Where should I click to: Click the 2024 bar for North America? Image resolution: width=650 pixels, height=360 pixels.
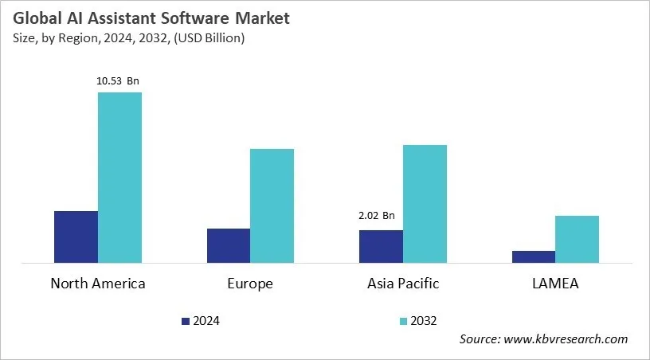click(76, 237)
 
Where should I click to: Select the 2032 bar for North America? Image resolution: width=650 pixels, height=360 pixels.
click(119, 177)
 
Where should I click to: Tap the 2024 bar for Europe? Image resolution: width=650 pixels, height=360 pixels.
click(228, 245)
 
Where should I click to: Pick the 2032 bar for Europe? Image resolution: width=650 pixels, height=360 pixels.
click(272, 205)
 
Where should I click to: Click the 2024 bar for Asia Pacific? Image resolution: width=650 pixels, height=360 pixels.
click(381, 246)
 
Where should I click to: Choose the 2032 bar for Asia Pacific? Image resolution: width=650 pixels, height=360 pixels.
click(425, 203)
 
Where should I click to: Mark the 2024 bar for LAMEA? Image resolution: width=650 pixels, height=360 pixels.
click(533, 256)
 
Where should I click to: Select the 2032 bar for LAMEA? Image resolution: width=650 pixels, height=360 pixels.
click(577, 239)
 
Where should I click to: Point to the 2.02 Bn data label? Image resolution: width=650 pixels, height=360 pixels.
click(376, 215)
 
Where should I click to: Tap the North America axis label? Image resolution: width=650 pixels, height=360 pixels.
click(98, 284)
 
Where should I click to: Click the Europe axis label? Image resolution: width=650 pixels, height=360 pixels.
click(250, 284)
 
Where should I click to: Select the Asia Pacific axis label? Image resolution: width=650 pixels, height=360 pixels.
click(403, 284)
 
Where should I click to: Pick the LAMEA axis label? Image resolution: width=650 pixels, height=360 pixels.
click(555, 284)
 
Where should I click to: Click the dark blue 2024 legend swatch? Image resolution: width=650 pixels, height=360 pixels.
click(186, 321)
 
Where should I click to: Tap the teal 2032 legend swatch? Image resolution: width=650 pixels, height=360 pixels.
click(403, 321)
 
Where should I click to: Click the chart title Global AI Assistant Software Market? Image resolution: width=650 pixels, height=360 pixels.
click(150, 17)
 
